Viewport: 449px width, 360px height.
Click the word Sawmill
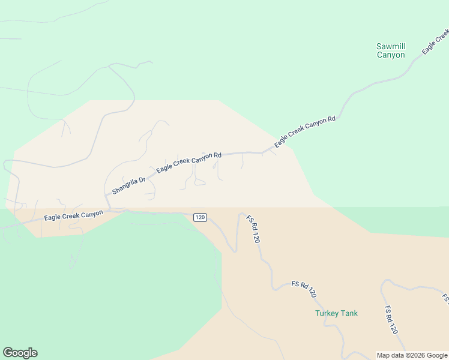click(391, 46)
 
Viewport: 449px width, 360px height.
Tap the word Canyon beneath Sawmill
click(391, 55)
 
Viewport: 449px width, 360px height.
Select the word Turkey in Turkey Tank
click(327, 313)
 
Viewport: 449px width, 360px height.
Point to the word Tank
click(349, 313)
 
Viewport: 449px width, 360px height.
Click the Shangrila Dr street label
click(128, 185)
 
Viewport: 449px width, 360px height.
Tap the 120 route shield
click(200, 217)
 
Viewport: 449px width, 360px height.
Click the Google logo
click(20, 353)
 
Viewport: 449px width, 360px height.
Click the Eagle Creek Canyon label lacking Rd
click(73, 215)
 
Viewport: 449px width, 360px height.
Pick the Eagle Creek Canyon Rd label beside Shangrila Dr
click(189, 163)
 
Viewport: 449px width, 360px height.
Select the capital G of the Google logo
click(8, 353)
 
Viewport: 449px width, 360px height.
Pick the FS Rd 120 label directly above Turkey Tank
click(304, 289)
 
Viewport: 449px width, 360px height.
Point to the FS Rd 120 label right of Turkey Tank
click(391, 320)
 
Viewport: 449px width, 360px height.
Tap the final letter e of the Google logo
click(34, 353)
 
